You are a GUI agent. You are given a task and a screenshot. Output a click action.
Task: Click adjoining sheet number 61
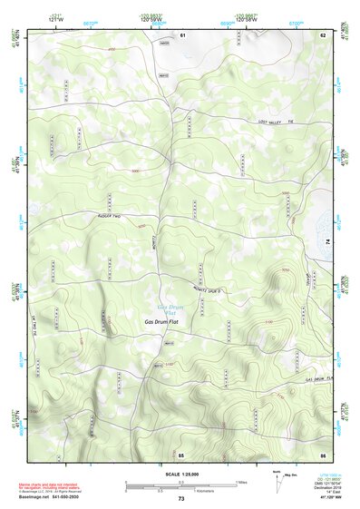pos(181,34)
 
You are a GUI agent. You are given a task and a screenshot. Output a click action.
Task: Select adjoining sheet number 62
pos(322,34)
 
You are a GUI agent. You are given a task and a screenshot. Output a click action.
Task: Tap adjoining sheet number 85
pos(181,453)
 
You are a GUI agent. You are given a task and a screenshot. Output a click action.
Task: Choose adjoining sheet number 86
pos(322,453)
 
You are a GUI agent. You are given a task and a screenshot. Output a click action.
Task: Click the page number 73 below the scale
pos(181,499)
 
